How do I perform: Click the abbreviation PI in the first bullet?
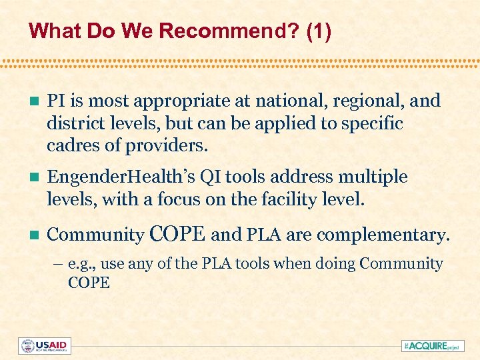(x=57, y=101)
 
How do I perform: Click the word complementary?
(x=383, y=235)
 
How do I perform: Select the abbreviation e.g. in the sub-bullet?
(x=81, y=264)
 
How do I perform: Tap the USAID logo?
(x=45, y=346)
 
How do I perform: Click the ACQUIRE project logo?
(x=431, y=346)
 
